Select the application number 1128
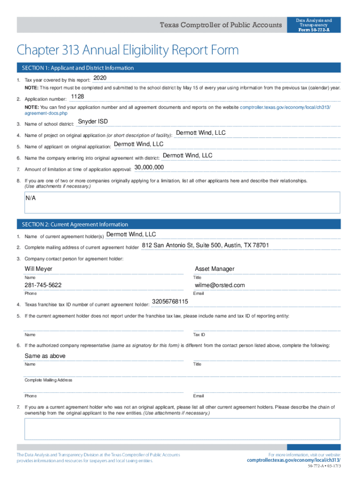[77, 96]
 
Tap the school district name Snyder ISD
[93, 122]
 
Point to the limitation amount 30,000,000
[149, 167]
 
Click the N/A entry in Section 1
[31, 198]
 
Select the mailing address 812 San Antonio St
[205, 245]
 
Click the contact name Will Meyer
[38, 269]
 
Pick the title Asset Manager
[214, 269]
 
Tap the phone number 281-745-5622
[43, 285]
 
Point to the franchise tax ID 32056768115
[170, 301]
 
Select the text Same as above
[45, 356]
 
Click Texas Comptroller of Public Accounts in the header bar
[221, 25]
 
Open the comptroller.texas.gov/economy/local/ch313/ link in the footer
[294, 460]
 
